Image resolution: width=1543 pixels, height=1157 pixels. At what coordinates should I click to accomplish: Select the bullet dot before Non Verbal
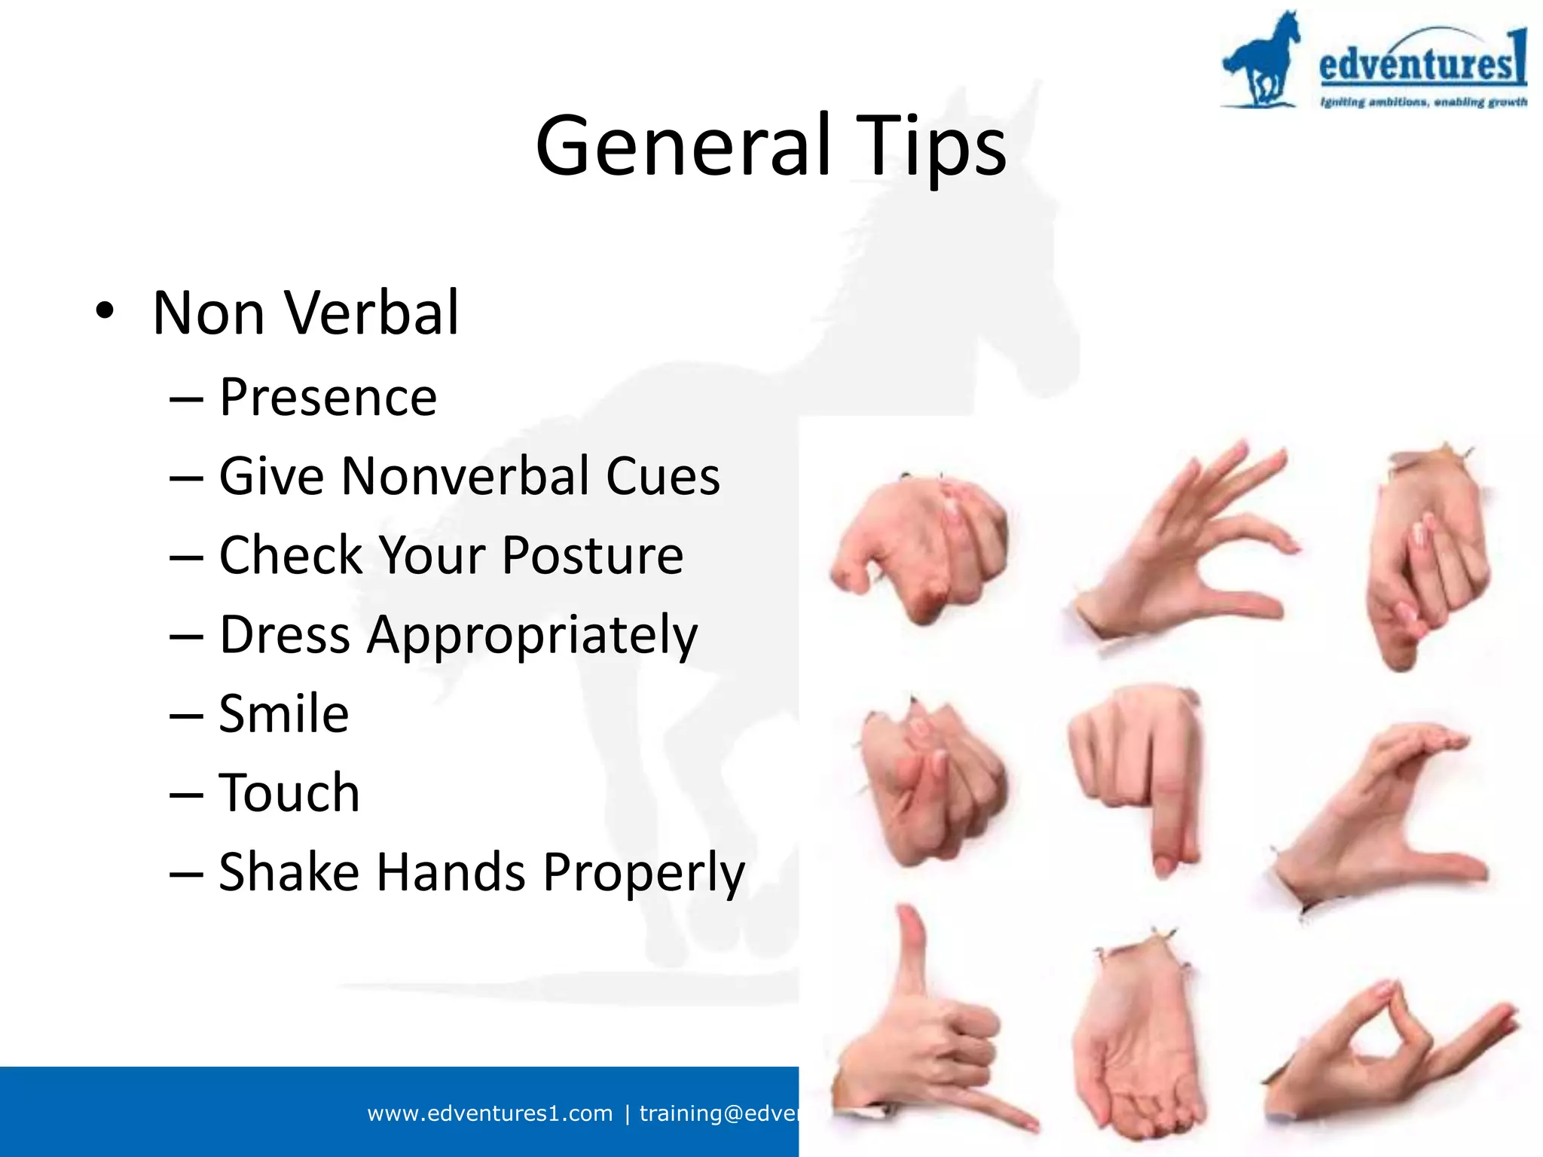click(x=105, y=312)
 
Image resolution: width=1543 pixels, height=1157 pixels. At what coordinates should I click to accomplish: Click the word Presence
click(x=328, y=397)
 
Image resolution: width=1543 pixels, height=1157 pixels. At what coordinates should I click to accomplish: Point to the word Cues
click(x=662, y=476)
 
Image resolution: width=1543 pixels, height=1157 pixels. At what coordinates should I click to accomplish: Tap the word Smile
click(x=283, y=713)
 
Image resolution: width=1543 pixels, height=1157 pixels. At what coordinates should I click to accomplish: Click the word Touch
click(x=289, y=792)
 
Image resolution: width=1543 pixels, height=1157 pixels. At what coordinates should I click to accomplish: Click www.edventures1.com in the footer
click(x=490, y=1113)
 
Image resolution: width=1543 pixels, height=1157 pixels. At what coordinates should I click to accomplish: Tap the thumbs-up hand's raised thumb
click(x=912, y=949)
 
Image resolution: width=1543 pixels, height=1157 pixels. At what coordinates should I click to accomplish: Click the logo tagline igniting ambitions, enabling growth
click(x=1422, y=102)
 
